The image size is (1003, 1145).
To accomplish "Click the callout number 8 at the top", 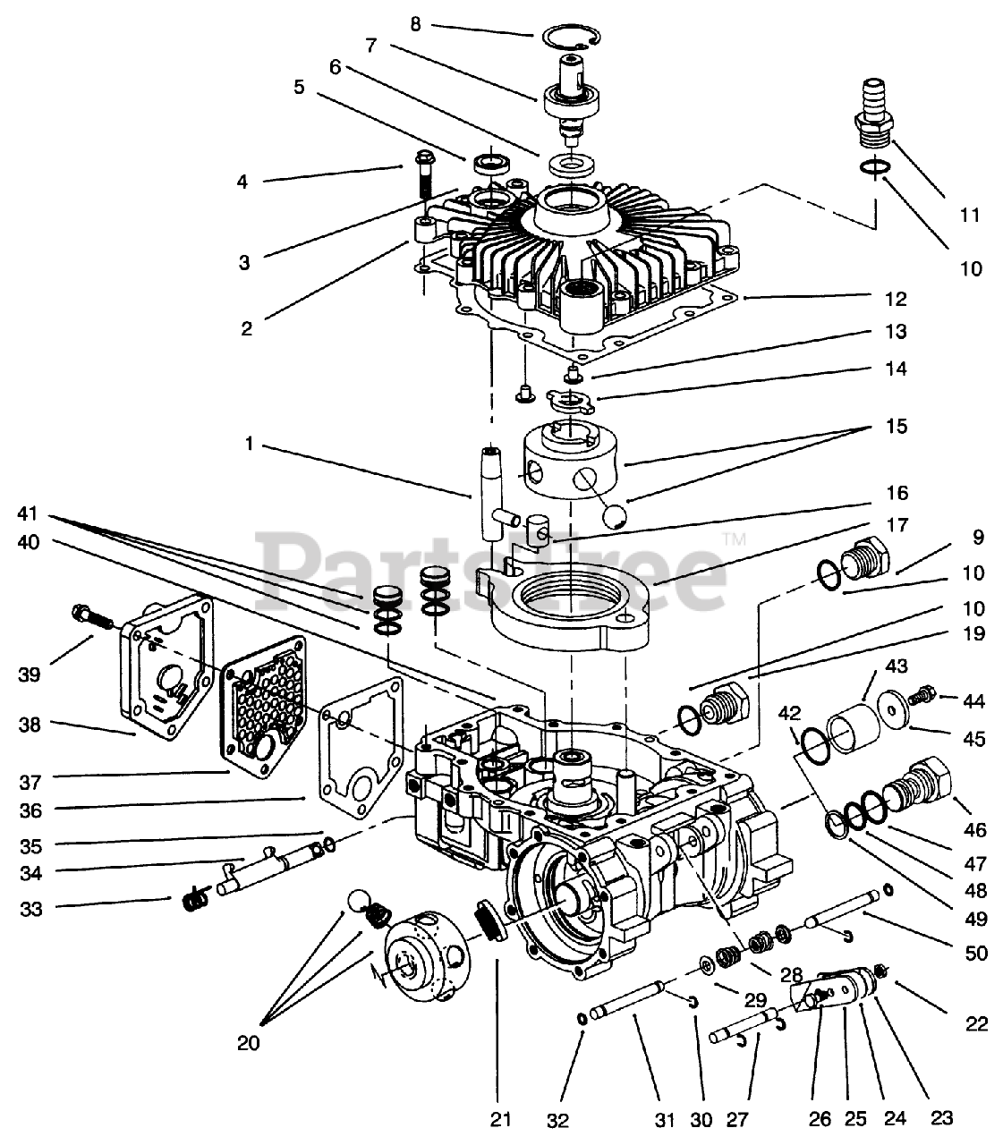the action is (415, 25).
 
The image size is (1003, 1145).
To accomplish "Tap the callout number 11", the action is (970, 215).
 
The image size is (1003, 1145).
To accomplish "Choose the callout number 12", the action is (897, 299).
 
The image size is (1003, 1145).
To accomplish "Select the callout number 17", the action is (897, 525).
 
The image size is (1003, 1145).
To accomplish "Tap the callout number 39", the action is (30, 674).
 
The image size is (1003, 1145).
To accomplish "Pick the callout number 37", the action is (30, 782).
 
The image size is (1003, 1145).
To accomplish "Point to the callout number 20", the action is (249, 1043).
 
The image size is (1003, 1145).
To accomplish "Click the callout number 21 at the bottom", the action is (501, 1119).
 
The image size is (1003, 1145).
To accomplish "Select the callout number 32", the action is (558, 1120).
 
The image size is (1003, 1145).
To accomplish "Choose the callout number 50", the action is (976, 953).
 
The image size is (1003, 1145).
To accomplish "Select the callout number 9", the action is (978, 538).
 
